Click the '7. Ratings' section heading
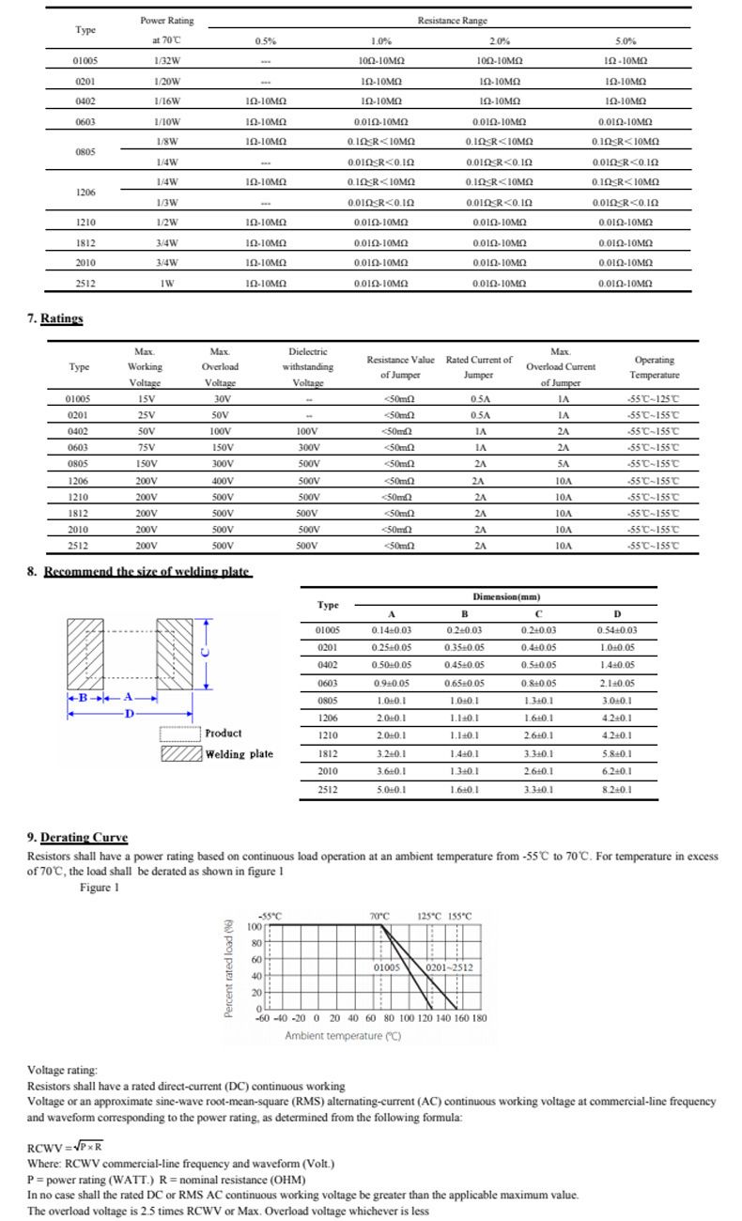coord(55,318)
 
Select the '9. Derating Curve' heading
coord(78,838)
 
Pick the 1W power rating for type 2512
coord(167,283)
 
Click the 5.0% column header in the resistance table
coord(626,41)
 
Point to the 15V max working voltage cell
coord(145,399)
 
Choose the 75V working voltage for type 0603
coord(145,448)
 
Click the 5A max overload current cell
coord(563,464)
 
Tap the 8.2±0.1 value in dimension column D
coord(616,789)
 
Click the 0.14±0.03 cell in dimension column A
coord(392,630)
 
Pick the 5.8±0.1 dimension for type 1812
coord(616,753)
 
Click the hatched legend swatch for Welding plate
coord(180,754)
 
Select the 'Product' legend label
coord(224,734)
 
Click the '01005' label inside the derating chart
coord(387,967)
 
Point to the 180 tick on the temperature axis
coord(478,1018)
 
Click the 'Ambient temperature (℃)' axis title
coord(343,1036)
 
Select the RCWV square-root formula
coord(66,1148)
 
